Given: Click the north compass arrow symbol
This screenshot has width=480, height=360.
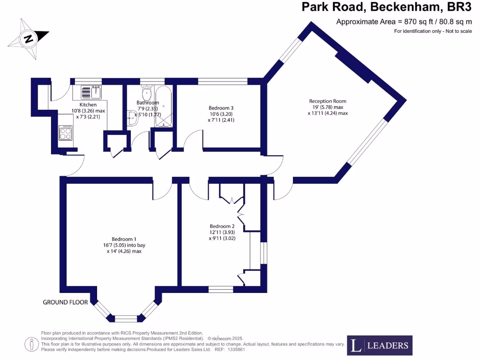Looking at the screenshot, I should coord(29,38).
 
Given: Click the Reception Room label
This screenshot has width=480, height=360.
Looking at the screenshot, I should coord(328,101).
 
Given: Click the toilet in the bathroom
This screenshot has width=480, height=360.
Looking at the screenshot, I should coord(146,91).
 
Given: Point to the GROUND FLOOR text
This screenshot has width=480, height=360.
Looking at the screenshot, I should coord(65,302).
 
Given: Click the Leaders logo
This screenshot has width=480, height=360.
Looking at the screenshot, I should coord(380,346).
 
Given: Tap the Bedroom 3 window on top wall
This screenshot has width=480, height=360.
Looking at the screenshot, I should coord(223,81).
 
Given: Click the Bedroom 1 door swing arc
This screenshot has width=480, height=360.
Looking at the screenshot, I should coord(162,190).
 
